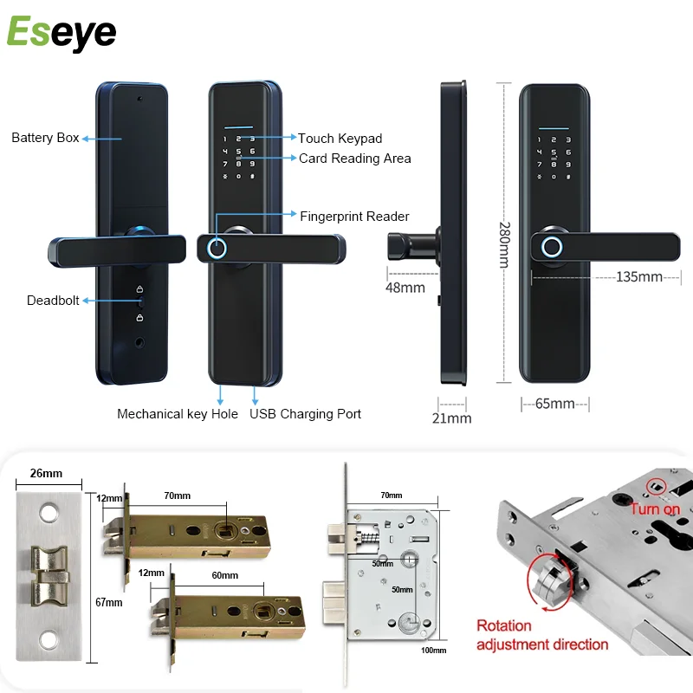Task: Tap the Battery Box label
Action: click(45, 138)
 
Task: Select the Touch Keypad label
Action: click(340, 138)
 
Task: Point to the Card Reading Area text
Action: click(354, 159)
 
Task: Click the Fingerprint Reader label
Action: click(354, 217)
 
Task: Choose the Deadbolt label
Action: click(52, 301)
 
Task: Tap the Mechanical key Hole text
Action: click(178, 414)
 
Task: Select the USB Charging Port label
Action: click(306, 414)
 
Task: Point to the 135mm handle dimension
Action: click(638, 277)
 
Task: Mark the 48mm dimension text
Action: click(406, 286)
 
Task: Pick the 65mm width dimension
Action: click(555, 404)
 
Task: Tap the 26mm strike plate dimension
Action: click(45, 474)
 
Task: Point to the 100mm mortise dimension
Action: click(434, 650)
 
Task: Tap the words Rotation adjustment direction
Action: click(542, 635)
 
